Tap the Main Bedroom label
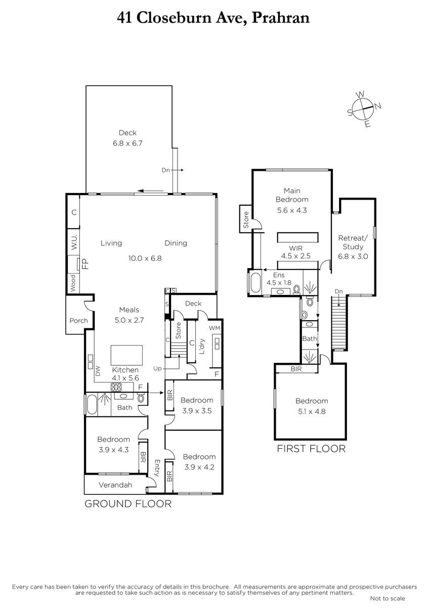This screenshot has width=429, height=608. pyautogui.click(x=292, y=195)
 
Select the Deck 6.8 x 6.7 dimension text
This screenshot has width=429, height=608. pyautogui.click(x=127, y=143)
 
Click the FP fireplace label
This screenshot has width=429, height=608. pyautogui.click(x=85, y=264)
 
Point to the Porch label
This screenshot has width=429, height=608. pyautogui.click(x=78, y=321)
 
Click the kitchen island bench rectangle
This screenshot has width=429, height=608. pyautogui.click(x=126, y=355)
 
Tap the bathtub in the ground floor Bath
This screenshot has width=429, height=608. pyautogui.click(x=92, y=404)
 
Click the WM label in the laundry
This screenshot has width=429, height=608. pyautogui.click(x=214, y=328)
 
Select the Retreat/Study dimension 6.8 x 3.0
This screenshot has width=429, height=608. pyautogui.click(x=353, y=256)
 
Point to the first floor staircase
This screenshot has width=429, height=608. pyautogui.click(x=339, y=323)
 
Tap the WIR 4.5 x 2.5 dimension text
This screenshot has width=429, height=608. pyautogui.click(x=295, y=256)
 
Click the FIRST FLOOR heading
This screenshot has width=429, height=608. pyautogui.click(x=311, y=449)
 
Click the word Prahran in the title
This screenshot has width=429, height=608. pyautogui.click(x=281, y=18)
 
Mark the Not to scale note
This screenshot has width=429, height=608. pyautogui.click(x=388, y=598)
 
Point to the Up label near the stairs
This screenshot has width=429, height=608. pyautogui.click(x=157, y=368)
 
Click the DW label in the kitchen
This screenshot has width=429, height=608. pyautogui.click(x=98, y=371)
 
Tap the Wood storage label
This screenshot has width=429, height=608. pyautogui.click(x=73, y=283)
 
